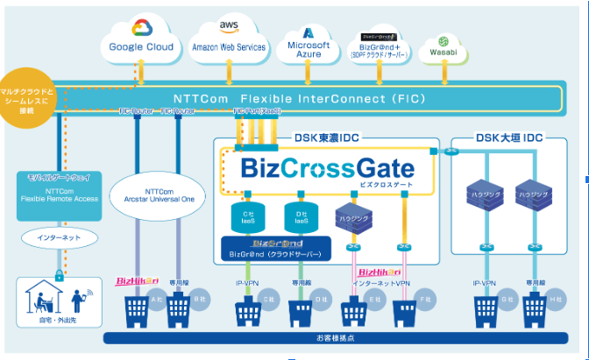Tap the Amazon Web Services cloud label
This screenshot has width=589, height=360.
(x=229, y=47)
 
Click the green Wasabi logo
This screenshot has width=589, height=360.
(x=444, y=42)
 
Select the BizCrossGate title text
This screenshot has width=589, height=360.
(x=326, y=166)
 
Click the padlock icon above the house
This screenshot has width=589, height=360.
(x=60, y=274)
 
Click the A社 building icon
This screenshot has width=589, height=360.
(x=138, y=309)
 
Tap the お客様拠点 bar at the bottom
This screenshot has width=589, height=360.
(x=330, y=338)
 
